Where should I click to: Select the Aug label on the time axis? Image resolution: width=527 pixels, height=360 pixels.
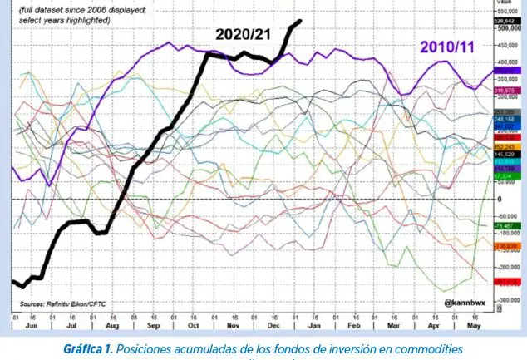111,327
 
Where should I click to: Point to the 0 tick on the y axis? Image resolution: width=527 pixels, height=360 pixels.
499,200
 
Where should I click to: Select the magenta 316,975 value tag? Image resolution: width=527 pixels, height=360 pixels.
505,90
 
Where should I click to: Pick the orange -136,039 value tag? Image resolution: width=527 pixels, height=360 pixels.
505,246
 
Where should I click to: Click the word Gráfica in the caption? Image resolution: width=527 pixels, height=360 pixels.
85,349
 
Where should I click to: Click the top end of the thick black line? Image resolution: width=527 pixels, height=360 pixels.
300,21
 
